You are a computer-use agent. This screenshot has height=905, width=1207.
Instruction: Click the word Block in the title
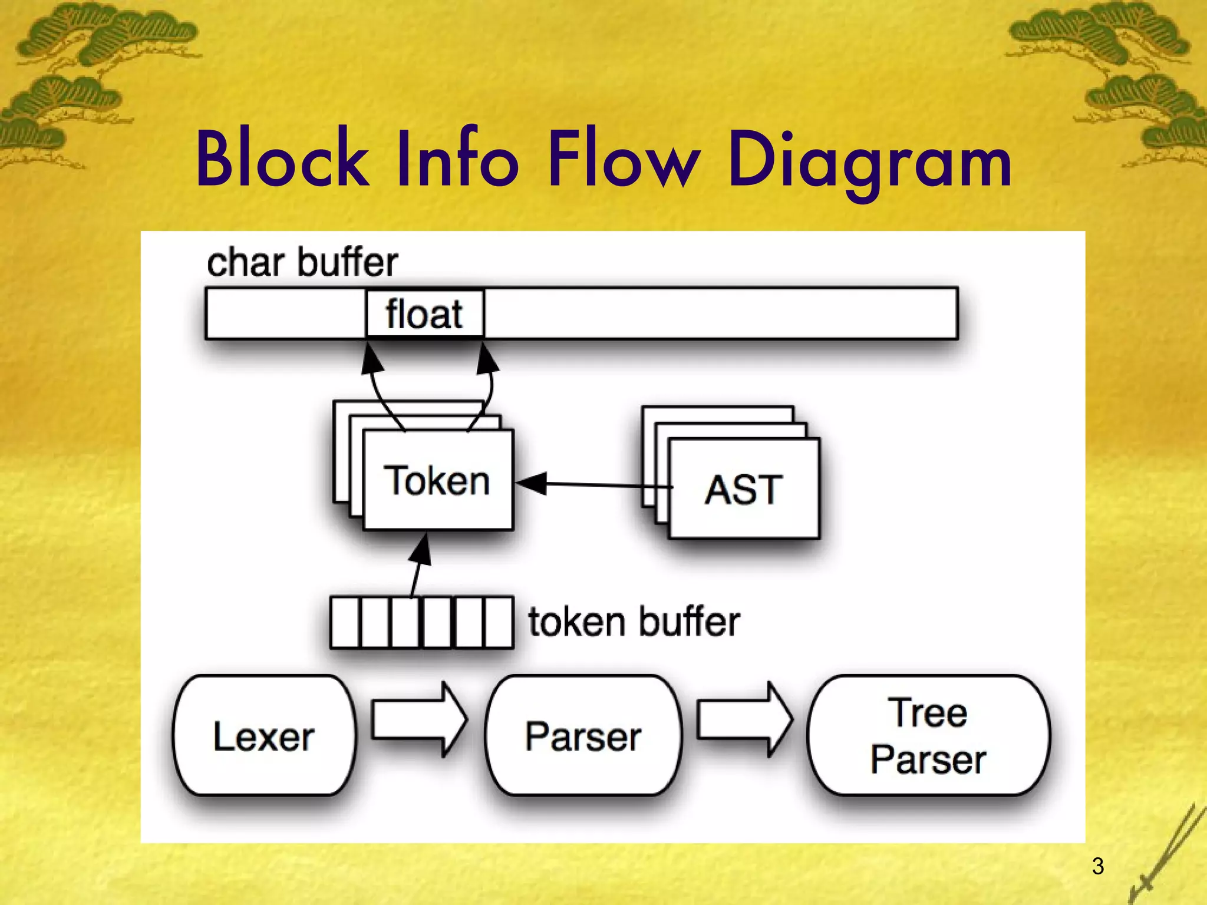(x=282, y=159)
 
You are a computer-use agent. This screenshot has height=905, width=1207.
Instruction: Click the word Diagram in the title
(x=869, y=160)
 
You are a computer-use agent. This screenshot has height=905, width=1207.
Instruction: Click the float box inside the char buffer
(x=424, y=313)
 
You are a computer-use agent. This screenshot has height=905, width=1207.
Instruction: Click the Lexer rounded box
(x=264, y=735)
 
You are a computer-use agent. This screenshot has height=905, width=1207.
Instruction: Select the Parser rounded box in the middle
(x=583, y=735)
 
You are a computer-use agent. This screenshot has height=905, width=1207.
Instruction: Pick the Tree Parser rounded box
(x=928, y=735)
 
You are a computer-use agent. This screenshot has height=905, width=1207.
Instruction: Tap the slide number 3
(x=1097, y=866)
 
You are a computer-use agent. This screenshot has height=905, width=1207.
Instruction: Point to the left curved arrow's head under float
(x=371, y=357)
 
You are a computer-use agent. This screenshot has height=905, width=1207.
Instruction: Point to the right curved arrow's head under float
(x=489, y=357)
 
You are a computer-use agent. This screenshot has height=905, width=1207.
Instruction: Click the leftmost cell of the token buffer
(x=345, y=622)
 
